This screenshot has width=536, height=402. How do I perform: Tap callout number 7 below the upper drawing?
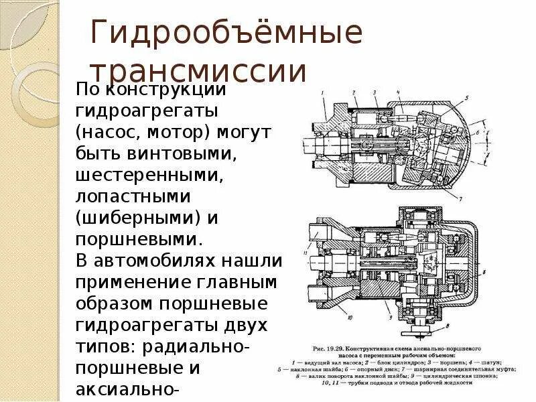point(460,199)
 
